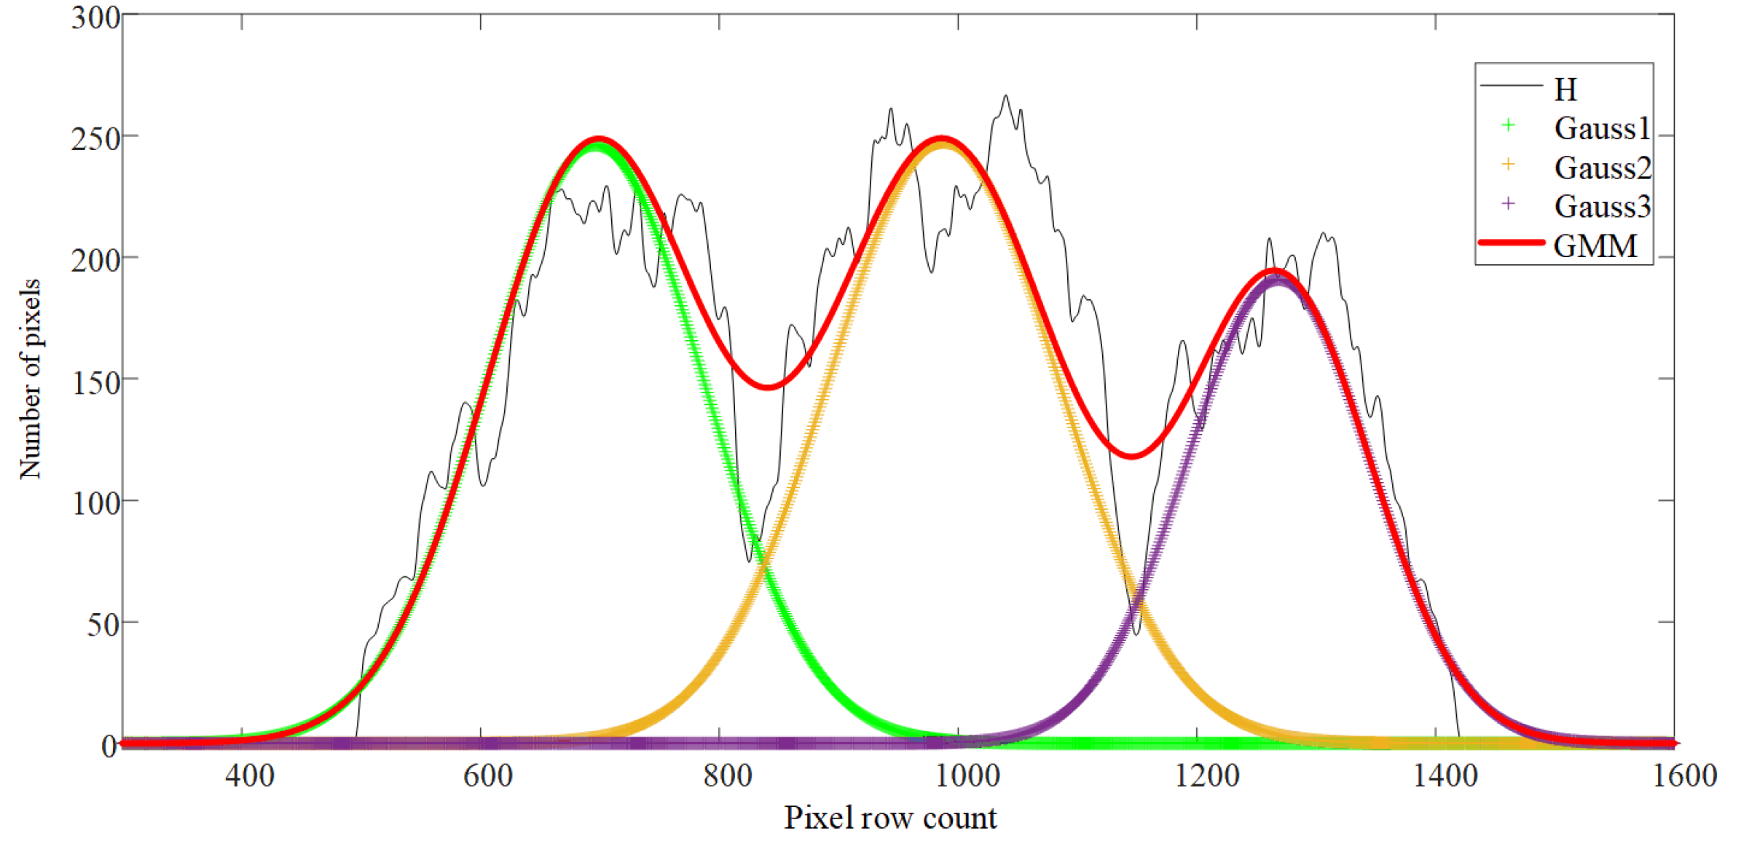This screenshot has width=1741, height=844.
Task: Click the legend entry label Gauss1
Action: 1601,128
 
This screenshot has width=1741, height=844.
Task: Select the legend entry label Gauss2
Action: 1602,167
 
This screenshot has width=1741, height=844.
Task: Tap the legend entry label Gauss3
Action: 1602,207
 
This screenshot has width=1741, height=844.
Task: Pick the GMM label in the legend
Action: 1595,246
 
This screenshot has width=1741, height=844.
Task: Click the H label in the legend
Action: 1565,90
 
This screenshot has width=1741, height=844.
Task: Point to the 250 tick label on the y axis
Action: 95,138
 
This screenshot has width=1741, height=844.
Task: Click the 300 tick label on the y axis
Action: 95,17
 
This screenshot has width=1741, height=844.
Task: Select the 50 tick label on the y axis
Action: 103,624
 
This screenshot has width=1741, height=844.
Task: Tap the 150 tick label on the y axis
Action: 95,382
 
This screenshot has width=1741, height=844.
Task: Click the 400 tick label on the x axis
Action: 249,776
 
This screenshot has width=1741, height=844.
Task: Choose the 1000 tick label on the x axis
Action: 967,776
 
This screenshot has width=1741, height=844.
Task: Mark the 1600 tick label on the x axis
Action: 1684,776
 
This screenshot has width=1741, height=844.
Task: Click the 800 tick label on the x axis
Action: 727,776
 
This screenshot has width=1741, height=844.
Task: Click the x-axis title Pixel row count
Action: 889,819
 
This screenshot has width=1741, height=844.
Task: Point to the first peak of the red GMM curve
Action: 598,138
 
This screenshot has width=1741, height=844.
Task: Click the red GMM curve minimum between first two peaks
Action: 767,387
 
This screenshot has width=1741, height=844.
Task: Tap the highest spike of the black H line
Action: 1006,95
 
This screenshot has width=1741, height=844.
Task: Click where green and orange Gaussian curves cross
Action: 762,562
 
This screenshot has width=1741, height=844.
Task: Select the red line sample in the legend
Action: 1512,242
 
